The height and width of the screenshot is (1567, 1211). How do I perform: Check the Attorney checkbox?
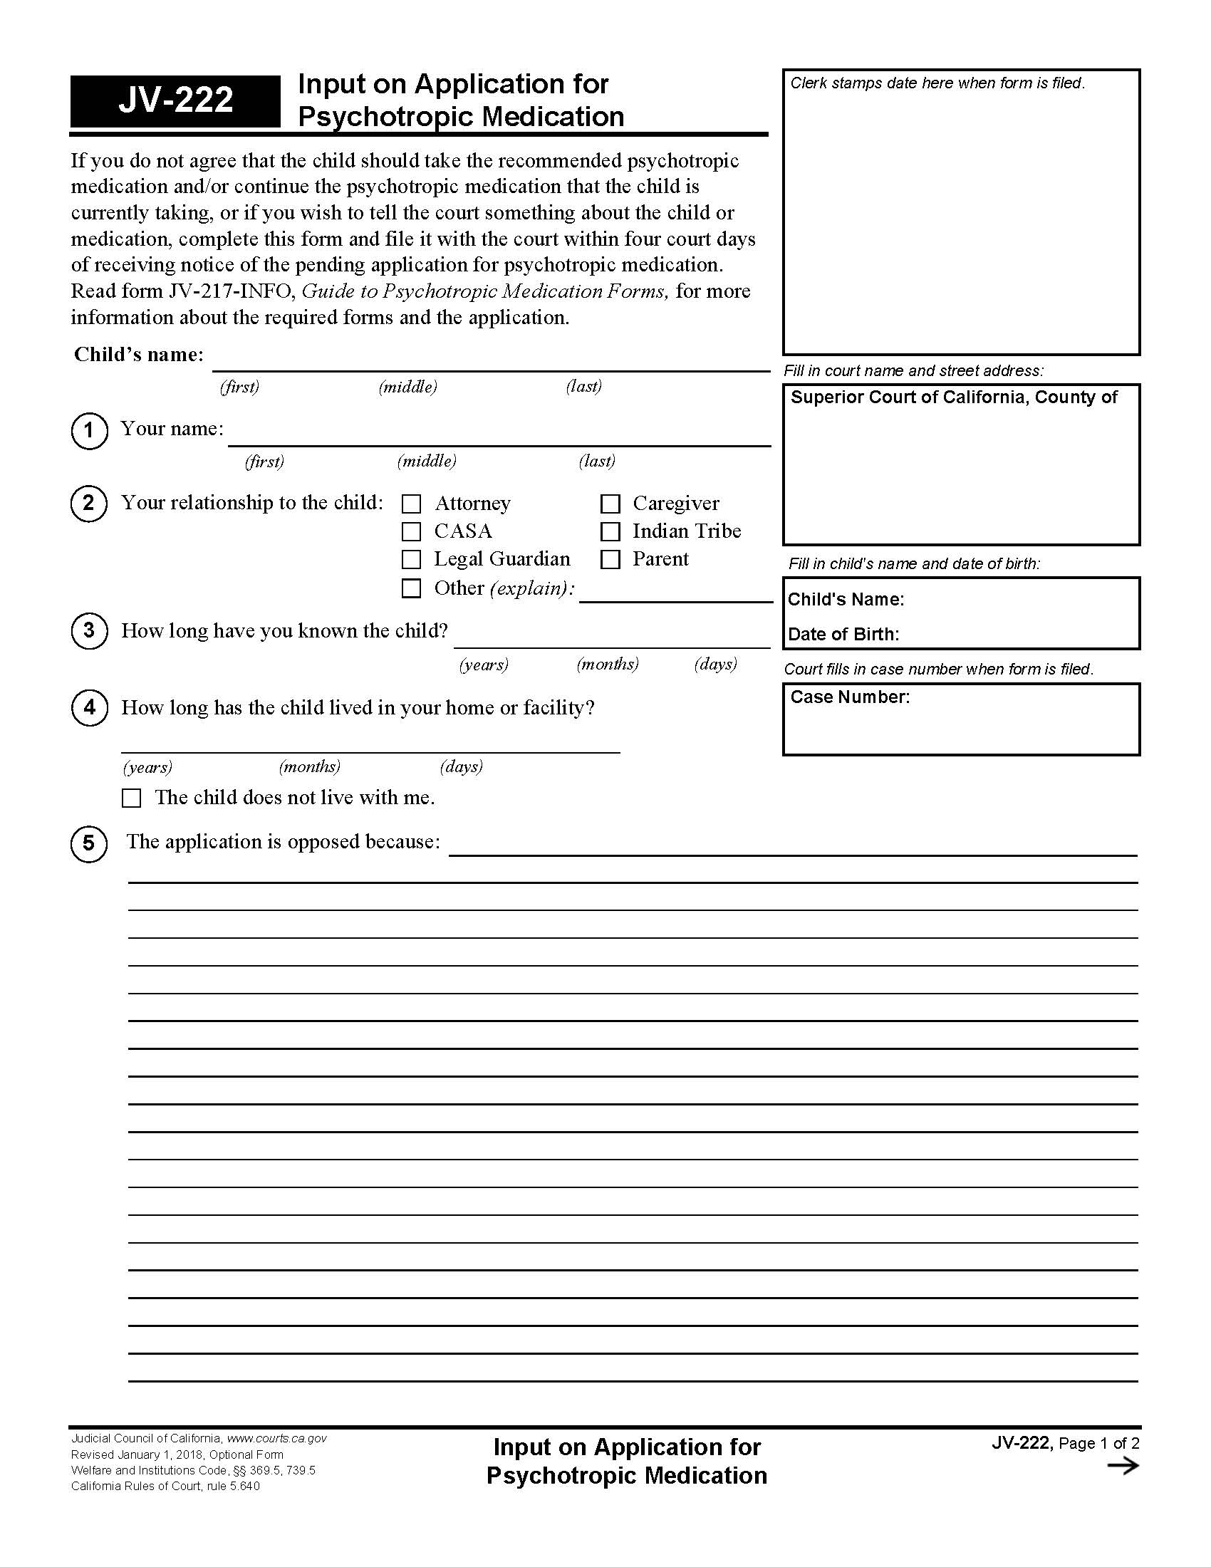(411, 504)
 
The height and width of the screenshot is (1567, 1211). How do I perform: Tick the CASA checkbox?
(411, 531)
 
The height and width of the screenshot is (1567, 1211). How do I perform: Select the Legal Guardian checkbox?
(411, 559)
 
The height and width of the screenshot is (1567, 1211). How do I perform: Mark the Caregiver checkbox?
(610, 504)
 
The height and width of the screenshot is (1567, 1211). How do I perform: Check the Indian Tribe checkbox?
(610, 531)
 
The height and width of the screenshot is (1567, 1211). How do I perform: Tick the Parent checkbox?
(610, 559)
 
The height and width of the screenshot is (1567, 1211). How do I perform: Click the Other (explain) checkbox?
(411, 588)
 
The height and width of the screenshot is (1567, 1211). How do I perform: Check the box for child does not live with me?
(131, 798)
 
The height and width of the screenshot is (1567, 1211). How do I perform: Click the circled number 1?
(89, 430)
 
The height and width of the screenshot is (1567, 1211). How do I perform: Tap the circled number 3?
(89, 630)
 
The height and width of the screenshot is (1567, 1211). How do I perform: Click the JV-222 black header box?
(175, 100)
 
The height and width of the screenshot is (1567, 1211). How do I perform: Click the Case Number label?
(849, 697)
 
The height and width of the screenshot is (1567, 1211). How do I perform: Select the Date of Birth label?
(843, 634)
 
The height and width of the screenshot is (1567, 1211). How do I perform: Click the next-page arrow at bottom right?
(1123, 1465)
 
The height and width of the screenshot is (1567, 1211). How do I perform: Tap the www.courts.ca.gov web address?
(277, 1438)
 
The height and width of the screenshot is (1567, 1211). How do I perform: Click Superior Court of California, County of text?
(953, 397)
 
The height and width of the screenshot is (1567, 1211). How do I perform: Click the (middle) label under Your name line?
(427, 461)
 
